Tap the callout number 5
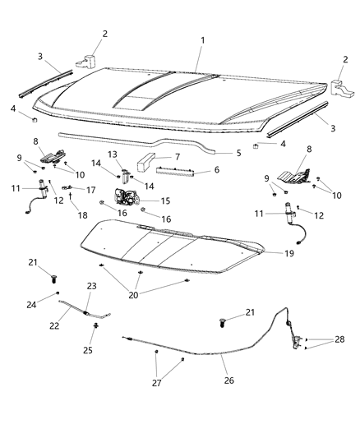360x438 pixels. tap(239, 153)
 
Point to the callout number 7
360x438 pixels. tap(176, 157)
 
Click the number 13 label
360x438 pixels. tap(113, 154)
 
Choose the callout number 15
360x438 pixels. tap(165, 201)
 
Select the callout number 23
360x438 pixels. tap(91, 286)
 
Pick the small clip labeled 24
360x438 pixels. tap(58, 293)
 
